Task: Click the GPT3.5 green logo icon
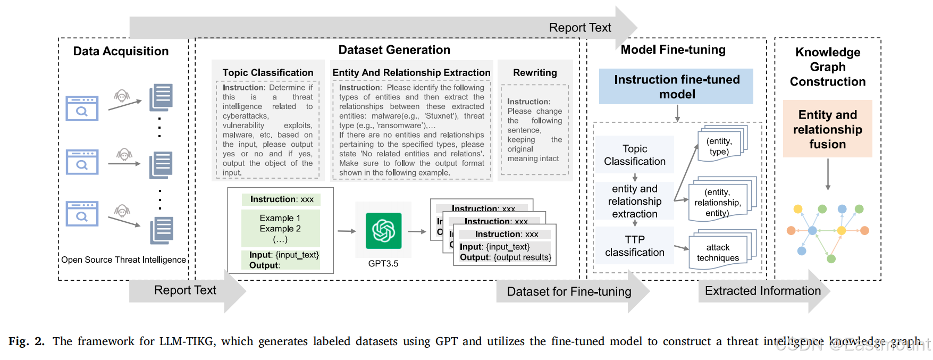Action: [x=383, y=231]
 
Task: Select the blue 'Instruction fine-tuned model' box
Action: [x=676, y=87]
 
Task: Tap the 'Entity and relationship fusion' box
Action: [x=827, y=129]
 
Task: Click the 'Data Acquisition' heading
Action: [x=121, y=51]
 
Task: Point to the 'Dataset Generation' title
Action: [x=394, y=50]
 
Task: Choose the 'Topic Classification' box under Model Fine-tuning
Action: [x=634, y=155]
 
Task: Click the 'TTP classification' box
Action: [x=634, y=246]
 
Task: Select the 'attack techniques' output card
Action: [x=718, y=253]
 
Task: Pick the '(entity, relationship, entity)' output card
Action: [x=717, y=203]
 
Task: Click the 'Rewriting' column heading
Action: [x=535, y=73]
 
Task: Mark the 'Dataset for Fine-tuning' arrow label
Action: [x=569, y=291]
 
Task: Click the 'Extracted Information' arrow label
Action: [x=762, y=291]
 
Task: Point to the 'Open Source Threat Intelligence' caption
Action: [x=123, y=259]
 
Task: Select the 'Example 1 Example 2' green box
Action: [x=280, y=228]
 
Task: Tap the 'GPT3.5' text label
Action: [x=383, y=264]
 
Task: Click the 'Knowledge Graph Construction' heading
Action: [x=827, y=67]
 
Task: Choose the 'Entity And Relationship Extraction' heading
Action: [x=411, y=73]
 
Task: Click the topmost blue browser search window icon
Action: [x=82, y=108]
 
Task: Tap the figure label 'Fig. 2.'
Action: [x=27, y=341]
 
